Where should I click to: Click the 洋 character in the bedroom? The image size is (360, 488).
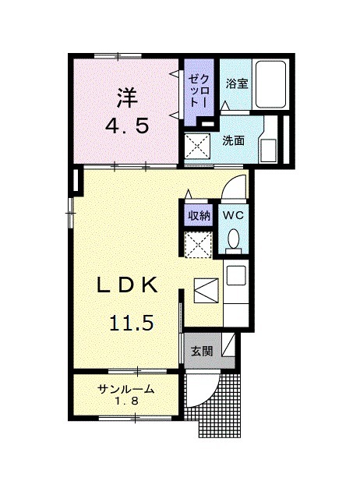click(x=127, y=97)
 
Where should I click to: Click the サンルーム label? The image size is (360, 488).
click(x=125, y=389)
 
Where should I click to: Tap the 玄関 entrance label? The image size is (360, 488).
click(x=202, y=352)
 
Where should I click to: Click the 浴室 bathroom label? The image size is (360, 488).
click(x=238, y=83)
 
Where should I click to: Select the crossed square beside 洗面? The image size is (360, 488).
click(x=197, y=146)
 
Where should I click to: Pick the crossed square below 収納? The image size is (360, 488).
click(x=198, y=244)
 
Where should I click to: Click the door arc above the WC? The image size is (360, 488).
click(x=234, y=187)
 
